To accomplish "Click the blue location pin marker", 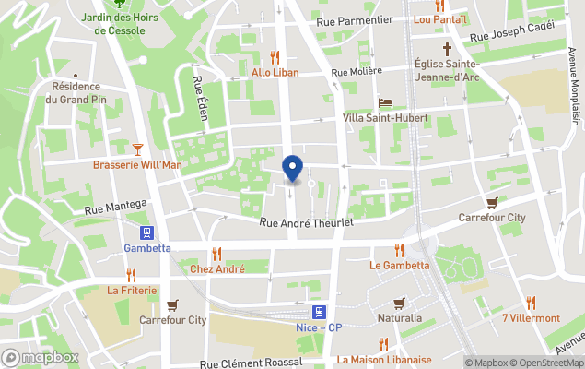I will [292, 168].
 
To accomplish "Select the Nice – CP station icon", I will [318, 313].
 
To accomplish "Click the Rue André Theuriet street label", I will [307, 222].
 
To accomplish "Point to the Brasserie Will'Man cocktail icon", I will [138, 148].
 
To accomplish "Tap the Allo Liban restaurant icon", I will [275, 55].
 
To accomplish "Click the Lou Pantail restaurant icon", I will [440, 4].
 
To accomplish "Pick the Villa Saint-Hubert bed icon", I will [386, 102].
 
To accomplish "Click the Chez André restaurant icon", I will [216, 253].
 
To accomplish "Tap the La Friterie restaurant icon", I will [132, 274].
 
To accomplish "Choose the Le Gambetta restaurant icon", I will [399, 249].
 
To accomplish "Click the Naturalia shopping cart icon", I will [399, 303].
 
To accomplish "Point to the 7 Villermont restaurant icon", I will [531, 303].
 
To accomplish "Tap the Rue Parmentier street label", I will [354, 20].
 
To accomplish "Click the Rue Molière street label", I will [356, 71].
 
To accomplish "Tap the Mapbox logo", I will [41, 357].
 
